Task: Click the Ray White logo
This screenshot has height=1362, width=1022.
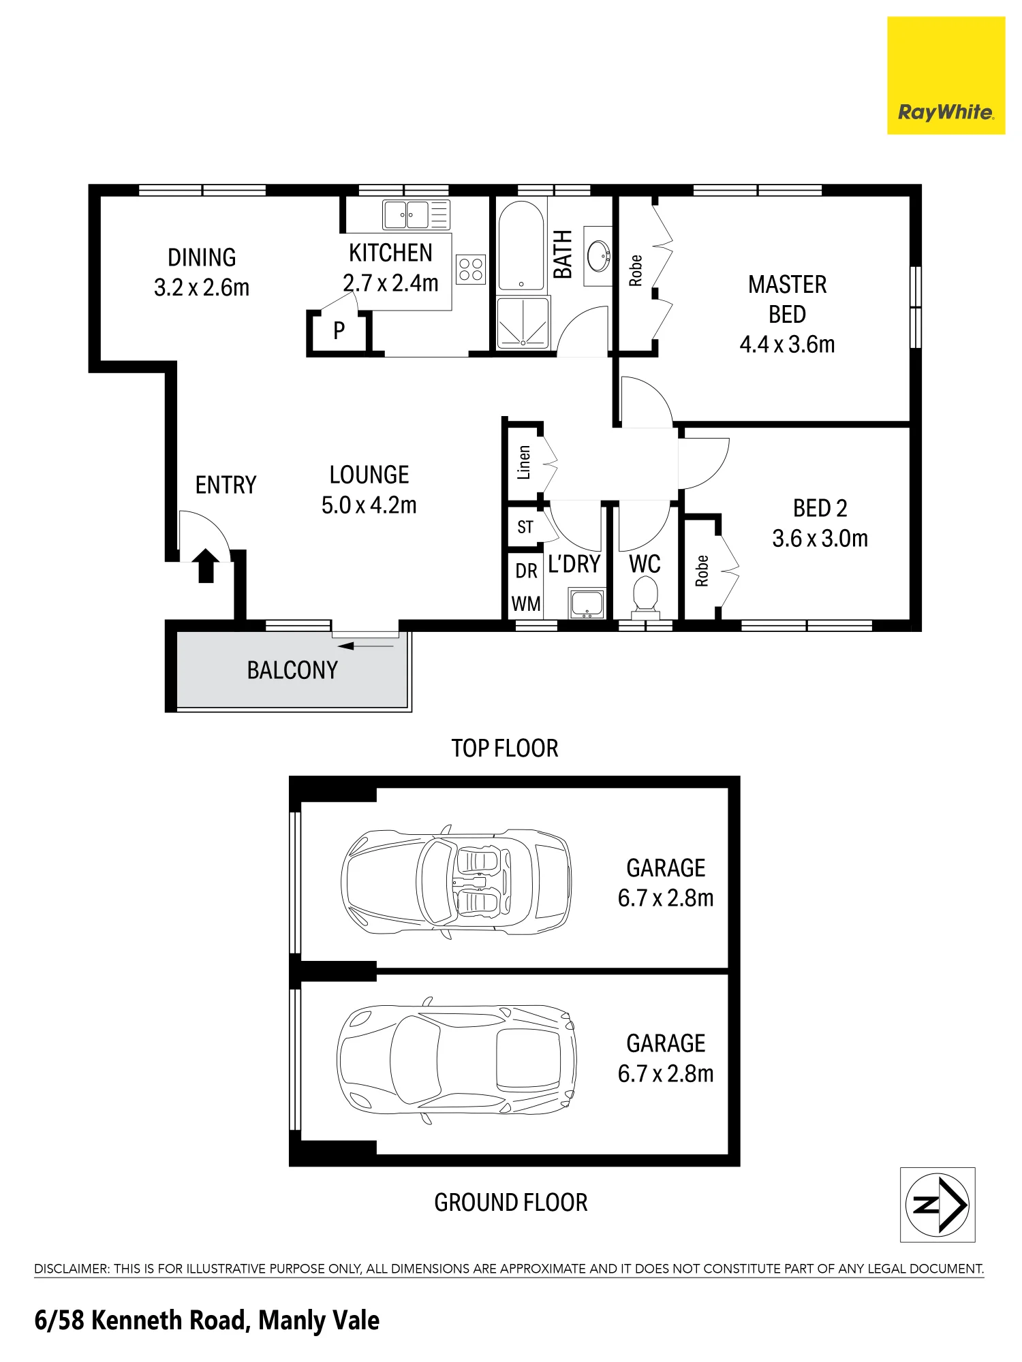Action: click(946, 76)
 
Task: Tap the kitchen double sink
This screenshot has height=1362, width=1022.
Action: click(416, 215)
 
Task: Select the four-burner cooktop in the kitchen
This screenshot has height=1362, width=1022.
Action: click(471, 269)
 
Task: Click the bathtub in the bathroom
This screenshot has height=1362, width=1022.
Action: click(522, 245)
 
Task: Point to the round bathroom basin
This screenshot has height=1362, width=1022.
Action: click(599, 255)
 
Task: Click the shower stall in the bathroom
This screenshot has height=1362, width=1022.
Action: click(523, 323)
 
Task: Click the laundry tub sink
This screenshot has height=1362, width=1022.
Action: click(587, 603)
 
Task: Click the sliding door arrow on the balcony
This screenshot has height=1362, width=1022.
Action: click(365, 646)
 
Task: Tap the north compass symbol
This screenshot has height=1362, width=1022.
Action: click(938, 1205)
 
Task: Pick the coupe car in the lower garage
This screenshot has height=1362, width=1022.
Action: click(456, 1060)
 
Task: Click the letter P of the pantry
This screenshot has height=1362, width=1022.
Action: click(339, 331)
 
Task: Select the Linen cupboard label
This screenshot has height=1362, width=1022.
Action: click(524, 462)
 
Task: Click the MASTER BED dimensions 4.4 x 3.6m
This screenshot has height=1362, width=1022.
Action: click(788, 345)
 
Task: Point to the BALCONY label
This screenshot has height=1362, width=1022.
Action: click(292, 671)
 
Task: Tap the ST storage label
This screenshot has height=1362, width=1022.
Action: click(525, 527)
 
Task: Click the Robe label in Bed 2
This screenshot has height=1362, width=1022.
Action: click(702, 571)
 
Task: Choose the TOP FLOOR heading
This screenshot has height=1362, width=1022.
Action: click(505, 748)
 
